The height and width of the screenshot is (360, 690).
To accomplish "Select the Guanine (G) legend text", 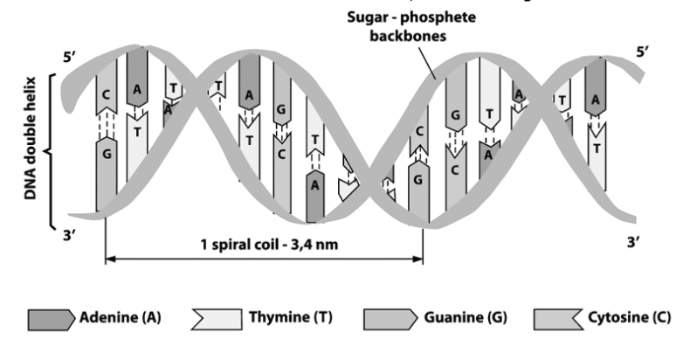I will tap(445, 316).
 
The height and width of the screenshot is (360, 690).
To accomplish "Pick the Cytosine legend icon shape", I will tap(556, 316).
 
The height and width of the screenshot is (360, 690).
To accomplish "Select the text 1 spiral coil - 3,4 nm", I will tap(263, 245).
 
